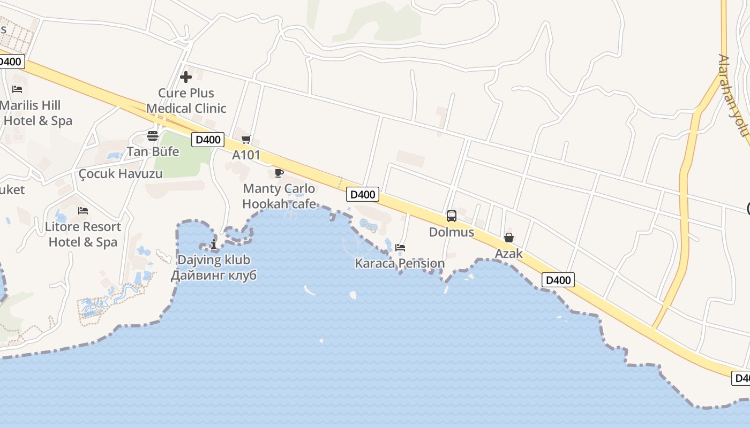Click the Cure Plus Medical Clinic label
click(x=186, y=101)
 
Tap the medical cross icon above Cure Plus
click(x=186, y=77)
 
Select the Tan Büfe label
click(x=153, y=151)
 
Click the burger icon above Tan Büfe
click(x=153, y=135)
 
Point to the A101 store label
click(x=246, y=155)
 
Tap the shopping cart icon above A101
click(x=246, y=140)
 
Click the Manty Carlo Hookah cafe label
click(x=279, y=196)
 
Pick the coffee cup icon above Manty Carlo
click(x=279, y=173)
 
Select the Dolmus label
click(x=452, y=232)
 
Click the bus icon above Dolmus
click(x=452, y=216)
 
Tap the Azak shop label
click(x=508, y=254)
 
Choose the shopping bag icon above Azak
click(x=508, y=238)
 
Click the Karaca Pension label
click(x=400, y=263)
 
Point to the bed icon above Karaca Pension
click(x=400, y=248)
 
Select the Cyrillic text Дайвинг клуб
click(x=214, y=275)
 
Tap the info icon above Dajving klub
click(x=214, y=244)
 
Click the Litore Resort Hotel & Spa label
click(x=83, y=234)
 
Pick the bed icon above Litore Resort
click(x=83, y=211)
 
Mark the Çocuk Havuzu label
click(x=121, y=173)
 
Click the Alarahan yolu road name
click(x=733, y=95)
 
